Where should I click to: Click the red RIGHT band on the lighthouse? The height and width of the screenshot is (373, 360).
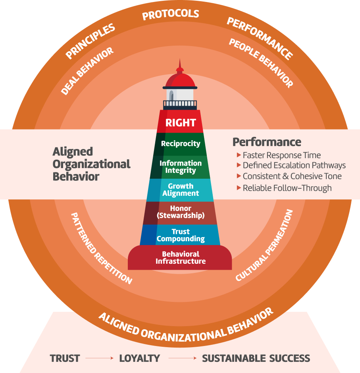(181, 123)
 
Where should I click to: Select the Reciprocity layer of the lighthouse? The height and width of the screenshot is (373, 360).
(181, 143)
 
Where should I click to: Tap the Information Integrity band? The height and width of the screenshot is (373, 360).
(181, 167)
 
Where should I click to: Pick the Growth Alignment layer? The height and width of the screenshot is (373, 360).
(181, 189)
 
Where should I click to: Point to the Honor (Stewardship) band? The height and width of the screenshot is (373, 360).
(181, 212)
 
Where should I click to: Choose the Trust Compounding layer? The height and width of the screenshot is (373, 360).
(181, 235)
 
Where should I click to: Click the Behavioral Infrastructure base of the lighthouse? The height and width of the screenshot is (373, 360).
(181, 257)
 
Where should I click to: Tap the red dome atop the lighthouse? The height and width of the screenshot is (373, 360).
(180, 79)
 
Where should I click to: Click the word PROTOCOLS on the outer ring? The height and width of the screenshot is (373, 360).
(171, 15)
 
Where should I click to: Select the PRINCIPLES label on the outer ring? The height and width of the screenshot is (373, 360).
(90, 41)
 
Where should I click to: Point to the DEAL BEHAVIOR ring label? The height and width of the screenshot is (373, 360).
(87, 71)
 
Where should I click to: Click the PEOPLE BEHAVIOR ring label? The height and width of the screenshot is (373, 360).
(261, 63)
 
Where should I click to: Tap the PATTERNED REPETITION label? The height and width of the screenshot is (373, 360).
(101, 248)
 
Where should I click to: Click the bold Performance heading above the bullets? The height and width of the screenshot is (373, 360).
(267, 142)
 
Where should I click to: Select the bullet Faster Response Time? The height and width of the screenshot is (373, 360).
(281, 155)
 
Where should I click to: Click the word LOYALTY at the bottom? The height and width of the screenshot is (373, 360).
(139, 358)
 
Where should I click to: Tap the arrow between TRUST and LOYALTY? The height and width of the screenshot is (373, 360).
(99, 358)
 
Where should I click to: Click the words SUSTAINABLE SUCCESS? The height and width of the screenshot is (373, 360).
(256, 358)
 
